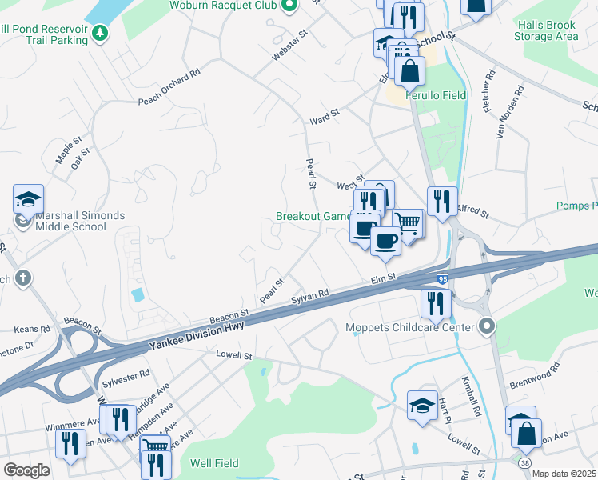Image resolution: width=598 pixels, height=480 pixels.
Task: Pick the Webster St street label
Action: coord(292,47)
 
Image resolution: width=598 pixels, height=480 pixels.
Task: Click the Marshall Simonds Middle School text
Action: coord(70,221)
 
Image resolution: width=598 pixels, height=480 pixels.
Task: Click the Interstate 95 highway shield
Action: coord(442,279)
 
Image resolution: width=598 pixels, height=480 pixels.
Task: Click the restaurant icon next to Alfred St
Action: coord(442,201)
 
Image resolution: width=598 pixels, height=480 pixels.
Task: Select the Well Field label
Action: coord(212,463)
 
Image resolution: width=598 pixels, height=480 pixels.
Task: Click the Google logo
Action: coord(26,470)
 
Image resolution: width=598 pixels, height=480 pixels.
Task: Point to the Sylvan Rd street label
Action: coord(309,295)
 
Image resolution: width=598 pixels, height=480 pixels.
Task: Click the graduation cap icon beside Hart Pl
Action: coord(422,406)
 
